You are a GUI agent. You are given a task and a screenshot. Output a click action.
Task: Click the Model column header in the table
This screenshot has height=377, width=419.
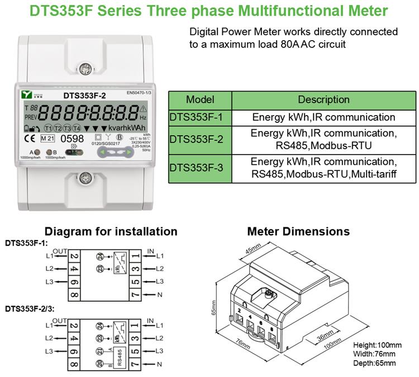click(x=200, y=100)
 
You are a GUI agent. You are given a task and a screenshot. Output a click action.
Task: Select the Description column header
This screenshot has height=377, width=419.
click(x=323, y=100)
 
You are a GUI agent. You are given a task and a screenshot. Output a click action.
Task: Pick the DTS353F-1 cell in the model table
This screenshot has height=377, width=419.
click(x=200, y=117)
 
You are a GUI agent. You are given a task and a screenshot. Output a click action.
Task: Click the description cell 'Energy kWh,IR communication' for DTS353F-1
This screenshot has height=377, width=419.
click(x=323, y=117)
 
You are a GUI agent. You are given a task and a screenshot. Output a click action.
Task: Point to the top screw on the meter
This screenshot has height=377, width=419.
click(x=87, y=69)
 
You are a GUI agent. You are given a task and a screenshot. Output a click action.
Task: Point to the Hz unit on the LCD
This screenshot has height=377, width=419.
click(x=143, y=118)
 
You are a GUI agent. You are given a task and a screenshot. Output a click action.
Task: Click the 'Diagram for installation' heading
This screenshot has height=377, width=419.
click(x=111, y=231)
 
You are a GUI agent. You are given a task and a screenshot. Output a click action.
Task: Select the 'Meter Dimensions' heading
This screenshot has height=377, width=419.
click(x=298, y=231)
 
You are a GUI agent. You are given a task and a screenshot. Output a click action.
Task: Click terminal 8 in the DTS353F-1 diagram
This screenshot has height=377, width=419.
click(x=74, y=294)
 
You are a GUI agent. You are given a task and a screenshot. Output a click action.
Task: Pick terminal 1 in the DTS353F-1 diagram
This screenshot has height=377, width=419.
click(x=135, y=256)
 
